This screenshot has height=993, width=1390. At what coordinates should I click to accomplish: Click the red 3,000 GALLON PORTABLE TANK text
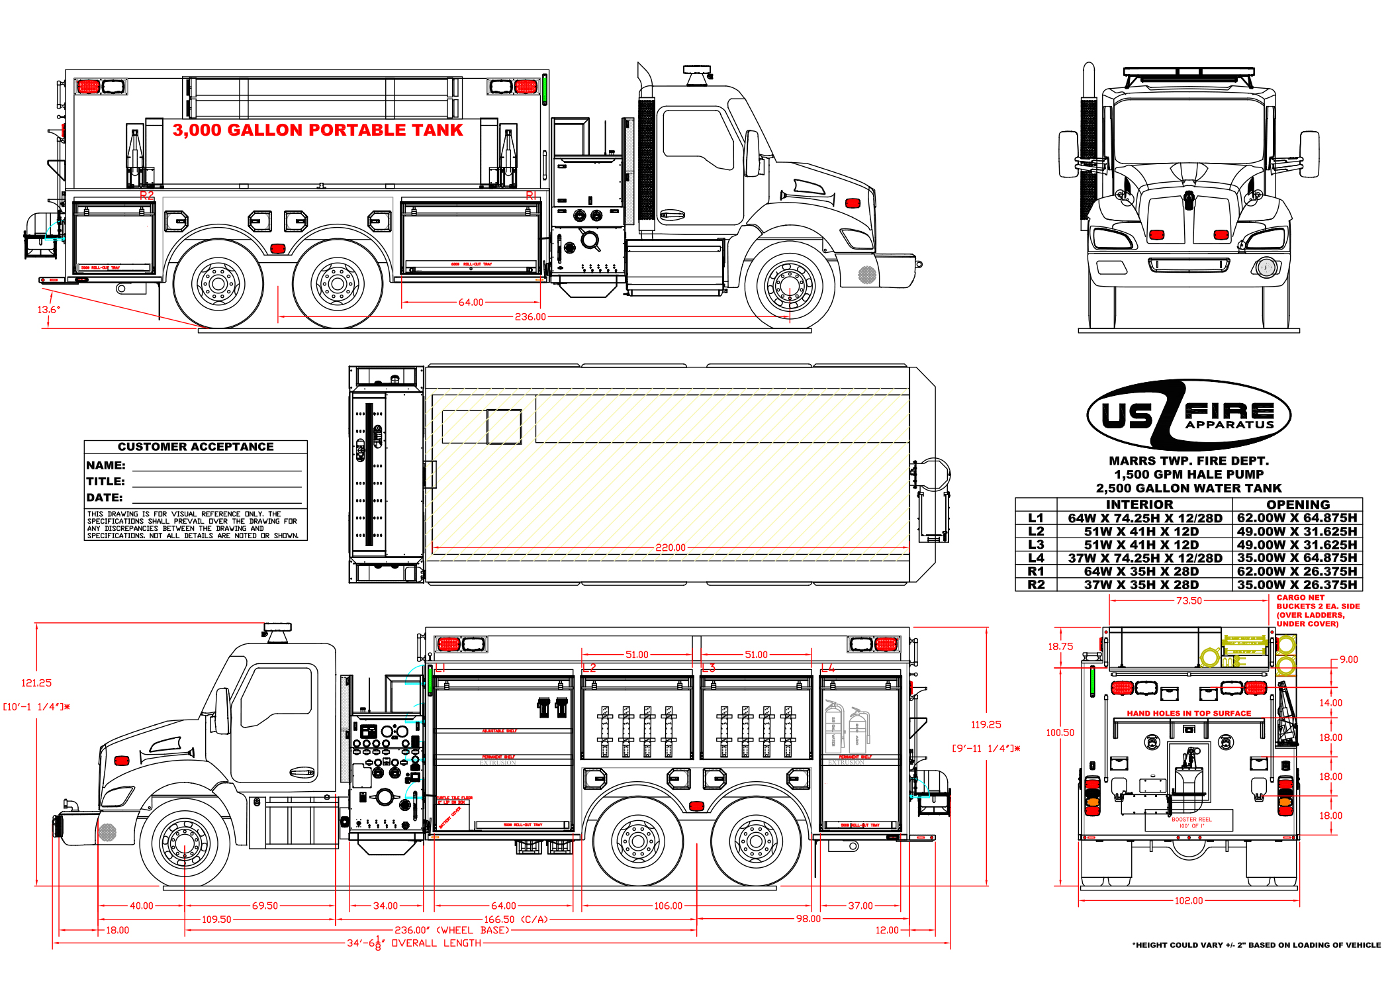[x=318, y=130]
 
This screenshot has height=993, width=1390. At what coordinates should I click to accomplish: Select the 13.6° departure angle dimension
[x=48, y=309]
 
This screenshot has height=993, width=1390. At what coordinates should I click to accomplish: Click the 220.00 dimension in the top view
[x=670, y=547]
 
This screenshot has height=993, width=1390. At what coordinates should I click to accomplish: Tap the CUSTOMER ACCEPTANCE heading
[x=195, y=447]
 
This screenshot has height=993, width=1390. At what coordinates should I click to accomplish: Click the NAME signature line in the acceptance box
[x=216, y=467]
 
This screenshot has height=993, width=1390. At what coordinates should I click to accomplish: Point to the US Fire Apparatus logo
[x=1189, y=415]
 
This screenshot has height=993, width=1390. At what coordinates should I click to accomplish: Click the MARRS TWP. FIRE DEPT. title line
[x=1189, y=461]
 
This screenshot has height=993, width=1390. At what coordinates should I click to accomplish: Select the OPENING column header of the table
[x=1297, y=504]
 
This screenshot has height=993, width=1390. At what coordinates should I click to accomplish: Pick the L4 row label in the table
[x=1036, y=558]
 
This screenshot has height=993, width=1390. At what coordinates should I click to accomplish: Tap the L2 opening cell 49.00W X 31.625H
[x=1297, y=532]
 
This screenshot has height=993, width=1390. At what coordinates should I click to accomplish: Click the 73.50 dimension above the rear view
[x=1189, y=601]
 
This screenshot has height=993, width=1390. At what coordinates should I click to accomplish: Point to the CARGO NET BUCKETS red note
[x=1317, y=610]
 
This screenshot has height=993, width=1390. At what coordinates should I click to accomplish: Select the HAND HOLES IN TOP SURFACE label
[x=1189, y=714]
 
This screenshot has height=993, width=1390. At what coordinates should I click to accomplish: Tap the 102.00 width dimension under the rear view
[x=1189, y=901]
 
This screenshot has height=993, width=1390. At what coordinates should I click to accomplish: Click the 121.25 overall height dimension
[x=36, y=683]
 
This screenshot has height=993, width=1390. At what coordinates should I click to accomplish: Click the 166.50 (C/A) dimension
[x=516, y=920]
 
